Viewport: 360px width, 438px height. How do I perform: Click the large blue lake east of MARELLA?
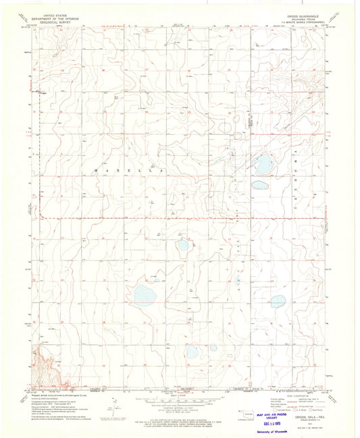263,163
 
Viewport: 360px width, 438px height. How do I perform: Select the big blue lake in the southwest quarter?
144,294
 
